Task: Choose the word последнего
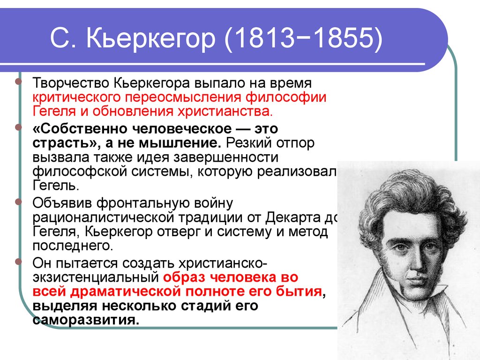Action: tap(73, 246)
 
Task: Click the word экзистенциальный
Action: tap(95, 277)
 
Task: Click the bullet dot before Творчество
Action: tap(18, 82)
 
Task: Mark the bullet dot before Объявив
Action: tap(18, 202)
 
